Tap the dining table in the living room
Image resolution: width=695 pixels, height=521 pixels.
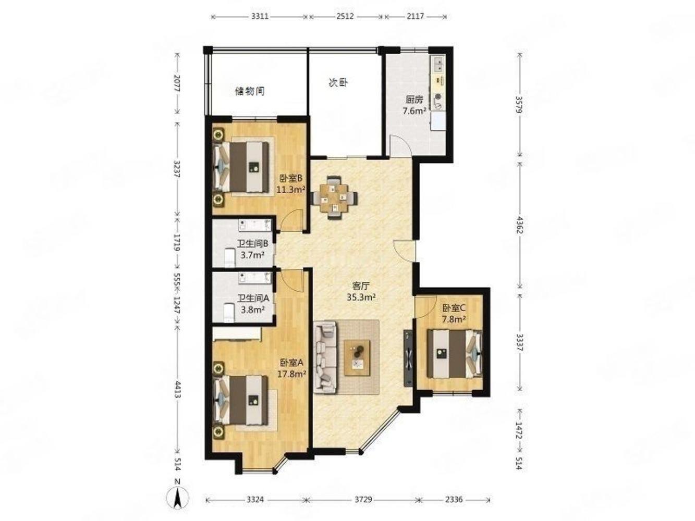click(335, 197)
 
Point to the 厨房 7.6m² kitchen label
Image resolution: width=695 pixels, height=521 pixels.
click(414, 105)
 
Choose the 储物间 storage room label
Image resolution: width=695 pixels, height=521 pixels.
click(250, 91)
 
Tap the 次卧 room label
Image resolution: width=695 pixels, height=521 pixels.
click(338, 83)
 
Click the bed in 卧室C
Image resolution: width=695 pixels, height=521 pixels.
click(454, 354)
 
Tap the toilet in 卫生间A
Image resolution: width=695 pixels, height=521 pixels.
click(228, 313)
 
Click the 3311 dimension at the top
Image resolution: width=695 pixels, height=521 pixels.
click(260, 16)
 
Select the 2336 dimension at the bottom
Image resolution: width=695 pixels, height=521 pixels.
click(454, 499)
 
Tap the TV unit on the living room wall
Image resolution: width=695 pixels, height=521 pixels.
click(408, 358)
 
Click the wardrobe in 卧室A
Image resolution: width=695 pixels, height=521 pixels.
click(237, 334)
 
